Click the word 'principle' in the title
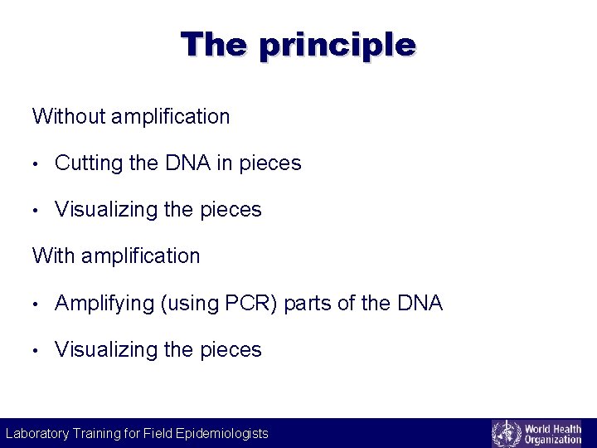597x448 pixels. coord(337,45)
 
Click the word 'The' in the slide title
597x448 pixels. coord(213,43)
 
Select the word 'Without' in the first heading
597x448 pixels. coord(68,116)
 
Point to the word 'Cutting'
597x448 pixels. coord(89,163)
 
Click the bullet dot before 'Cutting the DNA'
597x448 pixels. coord(36,164)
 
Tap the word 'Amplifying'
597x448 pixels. coord(104,304)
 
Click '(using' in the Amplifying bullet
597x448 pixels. coord(190,304)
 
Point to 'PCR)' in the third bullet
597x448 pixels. coord(252,304)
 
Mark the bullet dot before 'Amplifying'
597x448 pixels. coord(36,304)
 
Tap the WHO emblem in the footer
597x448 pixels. coord(507,433)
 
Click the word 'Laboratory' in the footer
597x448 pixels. coord(37,433)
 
